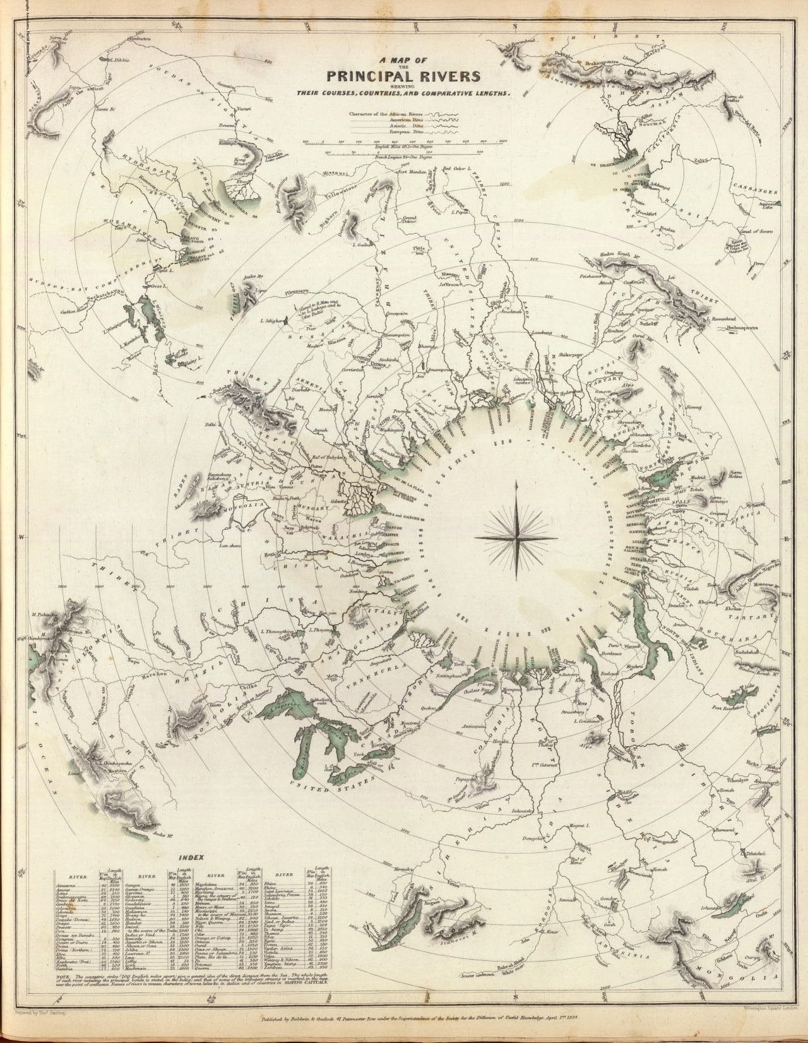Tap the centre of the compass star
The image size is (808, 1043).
pyautogui.click(x=516, y=537)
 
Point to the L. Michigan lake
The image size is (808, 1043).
pyautogui.click(x=304, y=751)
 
